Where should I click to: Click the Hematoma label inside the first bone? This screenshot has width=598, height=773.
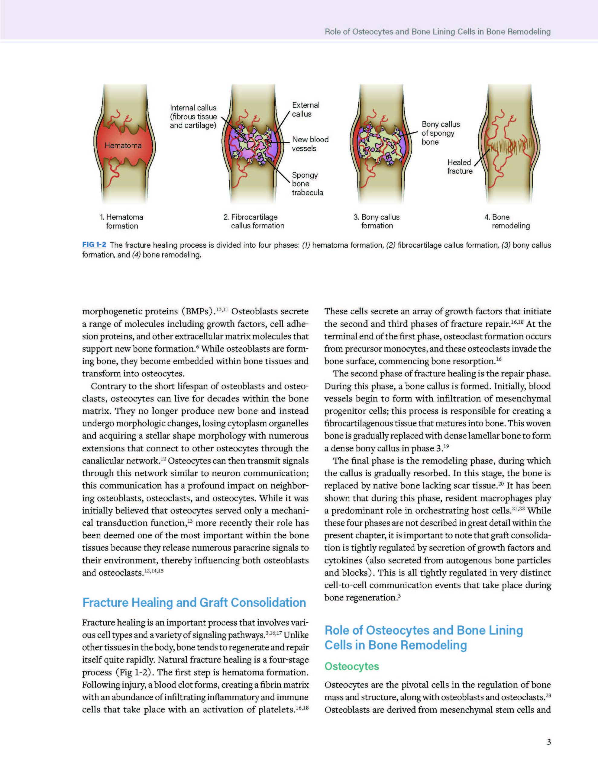(x=123, y=146)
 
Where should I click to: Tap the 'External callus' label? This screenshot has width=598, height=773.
(x=305, y=109)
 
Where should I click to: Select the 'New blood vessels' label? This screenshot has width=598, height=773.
(x=310, y=144)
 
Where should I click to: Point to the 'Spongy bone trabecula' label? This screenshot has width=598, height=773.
(x=307, y=184)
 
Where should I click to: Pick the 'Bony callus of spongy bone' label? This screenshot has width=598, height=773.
(x=440, y=133)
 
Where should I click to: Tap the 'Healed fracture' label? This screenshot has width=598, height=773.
(x=460, y=167)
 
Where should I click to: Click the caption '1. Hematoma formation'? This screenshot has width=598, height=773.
(x=121, y=222)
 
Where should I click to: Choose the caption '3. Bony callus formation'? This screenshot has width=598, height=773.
(x=377, y=222)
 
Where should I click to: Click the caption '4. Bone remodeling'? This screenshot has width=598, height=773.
(x=507, y=222)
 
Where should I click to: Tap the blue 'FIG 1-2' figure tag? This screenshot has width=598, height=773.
(x=94, y=245)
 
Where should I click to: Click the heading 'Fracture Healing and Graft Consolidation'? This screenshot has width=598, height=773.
(x=194, y=602)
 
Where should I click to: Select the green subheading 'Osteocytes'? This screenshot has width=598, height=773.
(x=351, y=666)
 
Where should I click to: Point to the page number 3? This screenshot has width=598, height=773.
(x=549, y=742)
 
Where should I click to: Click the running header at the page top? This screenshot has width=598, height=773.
(x=437, y=32)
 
